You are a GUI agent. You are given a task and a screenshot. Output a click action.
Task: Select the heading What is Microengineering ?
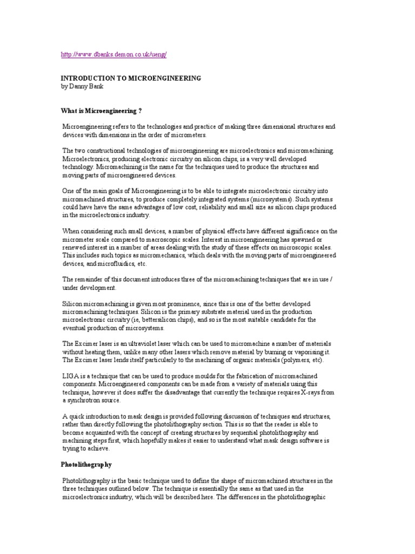pos(101,110)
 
